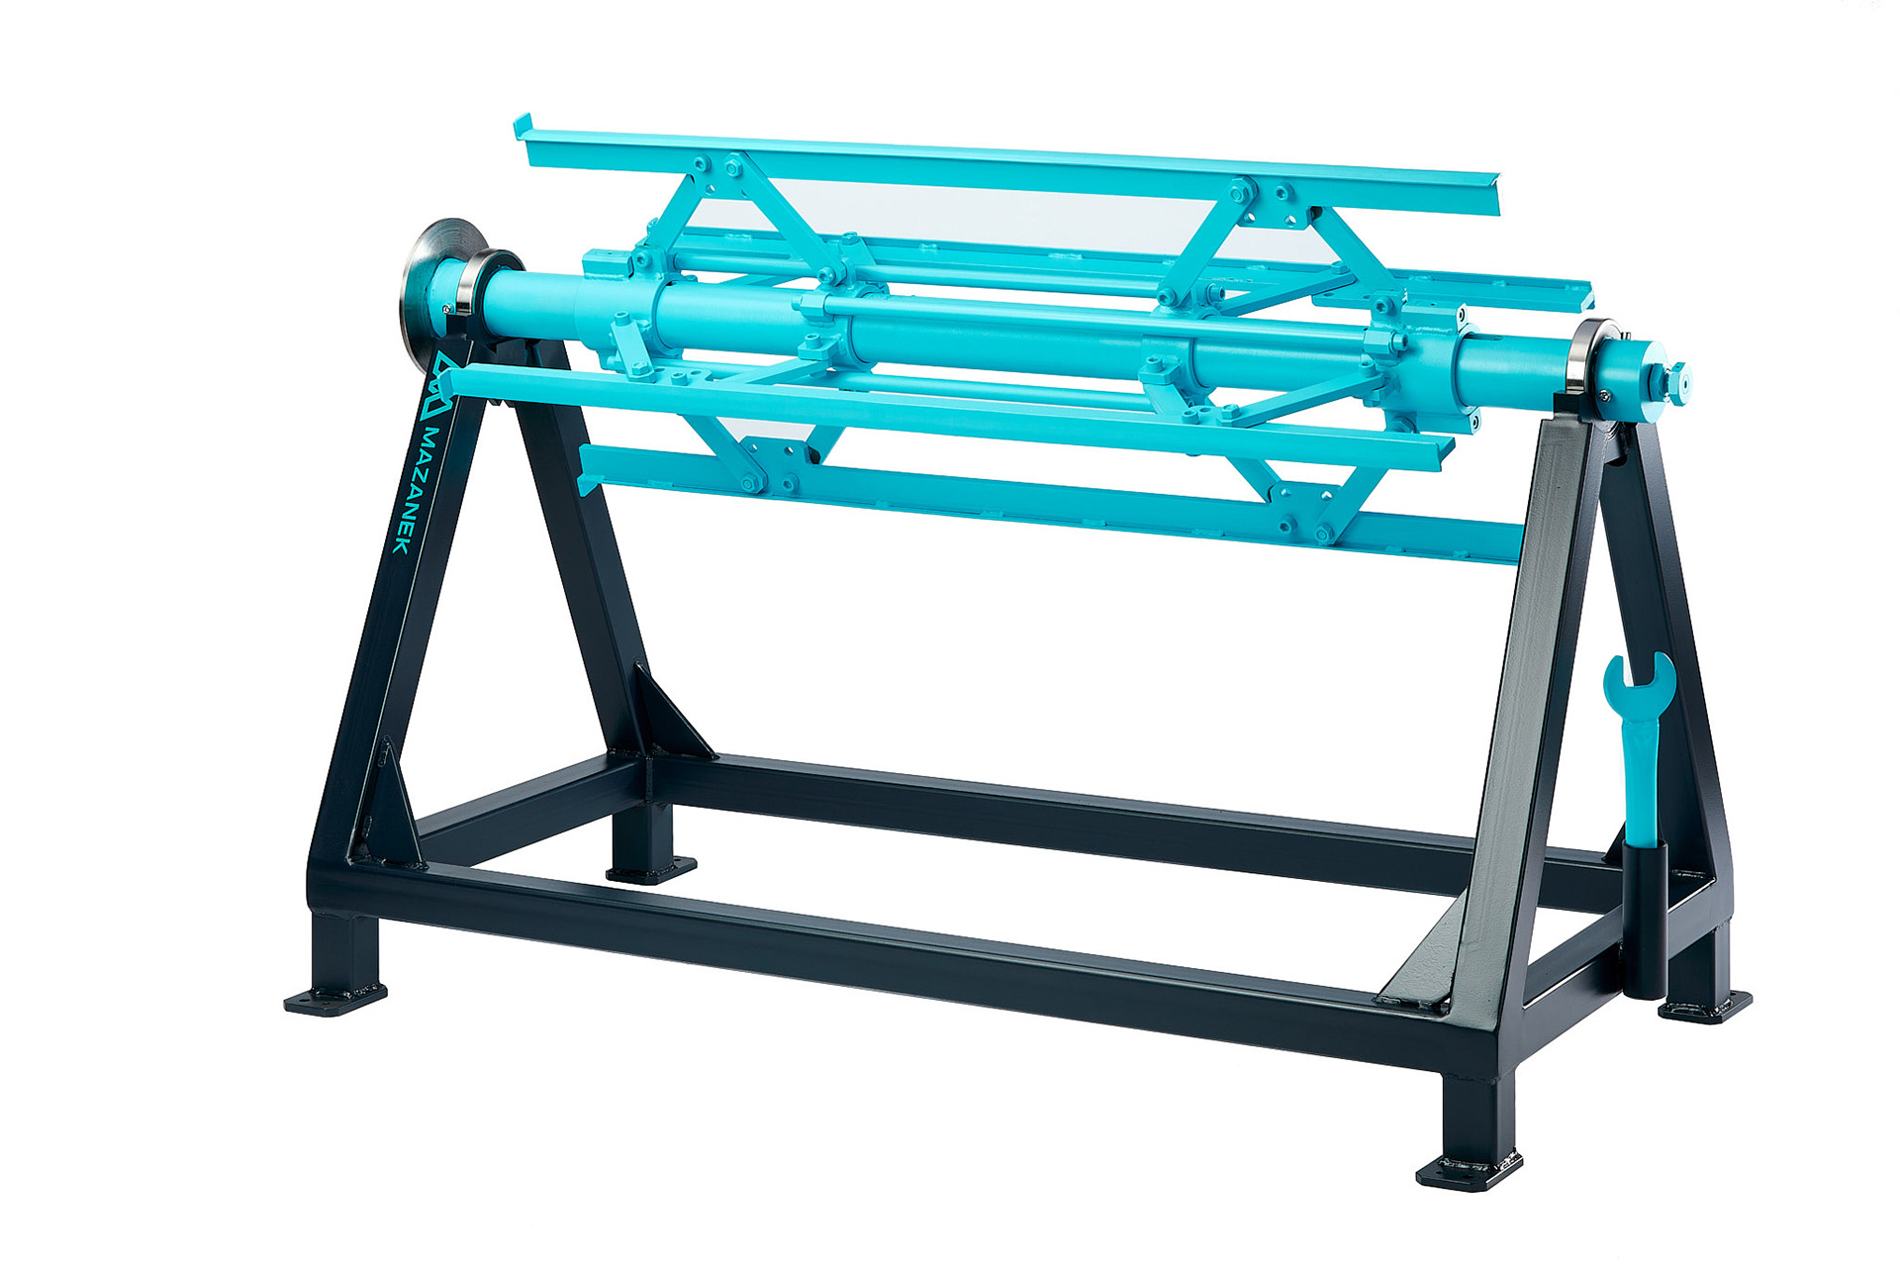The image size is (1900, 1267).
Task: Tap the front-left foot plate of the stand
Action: click(x=334, y=999)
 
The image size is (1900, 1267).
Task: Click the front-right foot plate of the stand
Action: click(x=1469, y=1171)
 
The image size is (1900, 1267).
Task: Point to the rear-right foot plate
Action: click(x=1704, y=1008)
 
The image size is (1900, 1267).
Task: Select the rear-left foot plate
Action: click(x=650, y=871)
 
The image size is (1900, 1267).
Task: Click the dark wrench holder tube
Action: click(x=1644, y=916)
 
